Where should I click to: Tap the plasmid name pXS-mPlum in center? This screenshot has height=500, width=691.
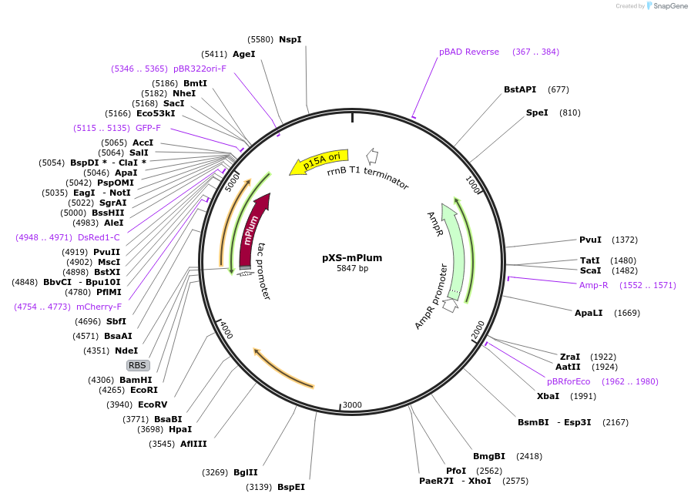tap(352, 258)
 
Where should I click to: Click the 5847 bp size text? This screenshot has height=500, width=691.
tap(352, 269)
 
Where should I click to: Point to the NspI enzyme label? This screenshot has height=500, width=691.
tap(290, 39)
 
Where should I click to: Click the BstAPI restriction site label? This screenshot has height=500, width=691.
tap(520, 89)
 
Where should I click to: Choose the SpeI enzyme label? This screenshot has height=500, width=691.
tap(537, 112)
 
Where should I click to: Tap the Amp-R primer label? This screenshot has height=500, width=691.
tap(593, 285)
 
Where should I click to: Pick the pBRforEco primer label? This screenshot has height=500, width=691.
tap(569, 381)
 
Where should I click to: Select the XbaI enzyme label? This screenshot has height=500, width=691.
tap(548, 396)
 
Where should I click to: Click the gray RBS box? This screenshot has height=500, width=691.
tap(138, 365)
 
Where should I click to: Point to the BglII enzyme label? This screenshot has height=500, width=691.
tap(246, 472)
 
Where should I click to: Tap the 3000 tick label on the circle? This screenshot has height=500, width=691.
tap(351, 405)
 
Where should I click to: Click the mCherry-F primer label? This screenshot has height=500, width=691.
tap(99, 307)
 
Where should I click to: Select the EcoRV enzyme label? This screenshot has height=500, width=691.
tap(153, 404)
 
